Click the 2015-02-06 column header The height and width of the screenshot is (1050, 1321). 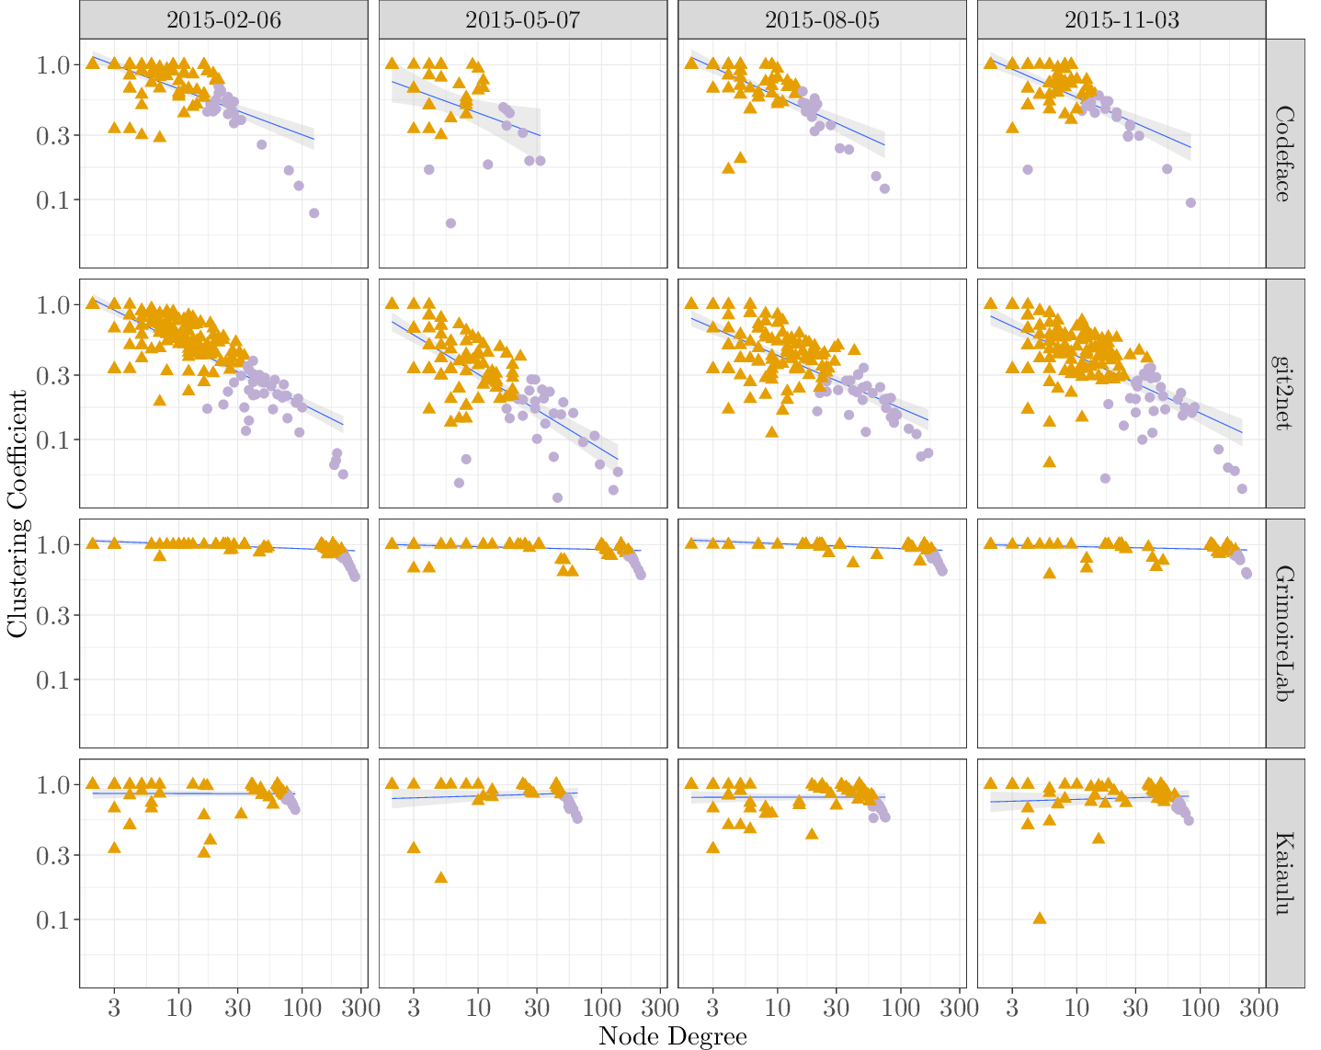coord(223,20)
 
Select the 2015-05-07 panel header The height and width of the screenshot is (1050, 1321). coord(522,20)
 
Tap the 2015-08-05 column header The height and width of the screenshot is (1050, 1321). coord(822,20)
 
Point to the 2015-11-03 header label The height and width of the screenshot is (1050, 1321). coord(1122,20)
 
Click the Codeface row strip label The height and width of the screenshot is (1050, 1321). coord(1284,154)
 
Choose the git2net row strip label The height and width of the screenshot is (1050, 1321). coord(1284,394)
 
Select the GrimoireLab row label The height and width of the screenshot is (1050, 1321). coord(1284,633)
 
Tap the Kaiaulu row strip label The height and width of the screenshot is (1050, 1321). coord(1284,873)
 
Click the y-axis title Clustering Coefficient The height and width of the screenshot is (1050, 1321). coord(17,513)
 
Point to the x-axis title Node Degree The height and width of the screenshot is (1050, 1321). coord(672,1036)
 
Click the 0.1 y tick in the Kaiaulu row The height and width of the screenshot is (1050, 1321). coord(52,919)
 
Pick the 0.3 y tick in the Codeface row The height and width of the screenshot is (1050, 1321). coord(52,135)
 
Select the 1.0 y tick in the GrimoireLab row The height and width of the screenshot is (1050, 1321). coord(52,544)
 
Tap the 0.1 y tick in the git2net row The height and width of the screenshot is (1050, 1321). coord(52,439)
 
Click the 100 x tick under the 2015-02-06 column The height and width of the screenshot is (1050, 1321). coord(302,1008)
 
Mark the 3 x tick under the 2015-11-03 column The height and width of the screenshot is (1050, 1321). coord(1012,1008)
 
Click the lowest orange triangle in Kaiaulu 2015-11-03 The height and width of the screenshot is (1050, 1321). coord(1040,918)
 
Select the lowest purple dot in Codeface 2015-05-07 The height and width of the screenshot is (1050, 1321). coord(450,223)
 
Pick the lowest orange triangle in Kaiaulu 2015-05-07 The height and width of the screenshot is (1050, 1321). coord(440,877)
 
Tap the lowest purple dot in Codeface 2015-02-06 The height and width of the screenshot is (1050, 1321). coord(313,213)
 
